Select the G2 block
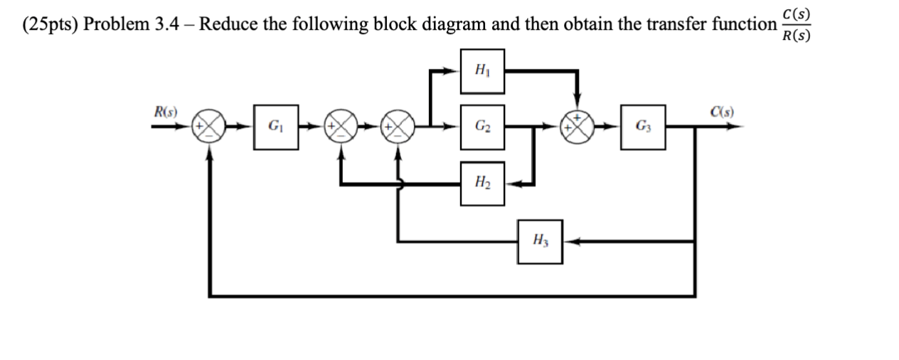[x=482, y=128]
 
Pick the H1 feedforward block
[x=482, y=70]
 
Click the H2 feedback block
[x=482, y=184]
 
